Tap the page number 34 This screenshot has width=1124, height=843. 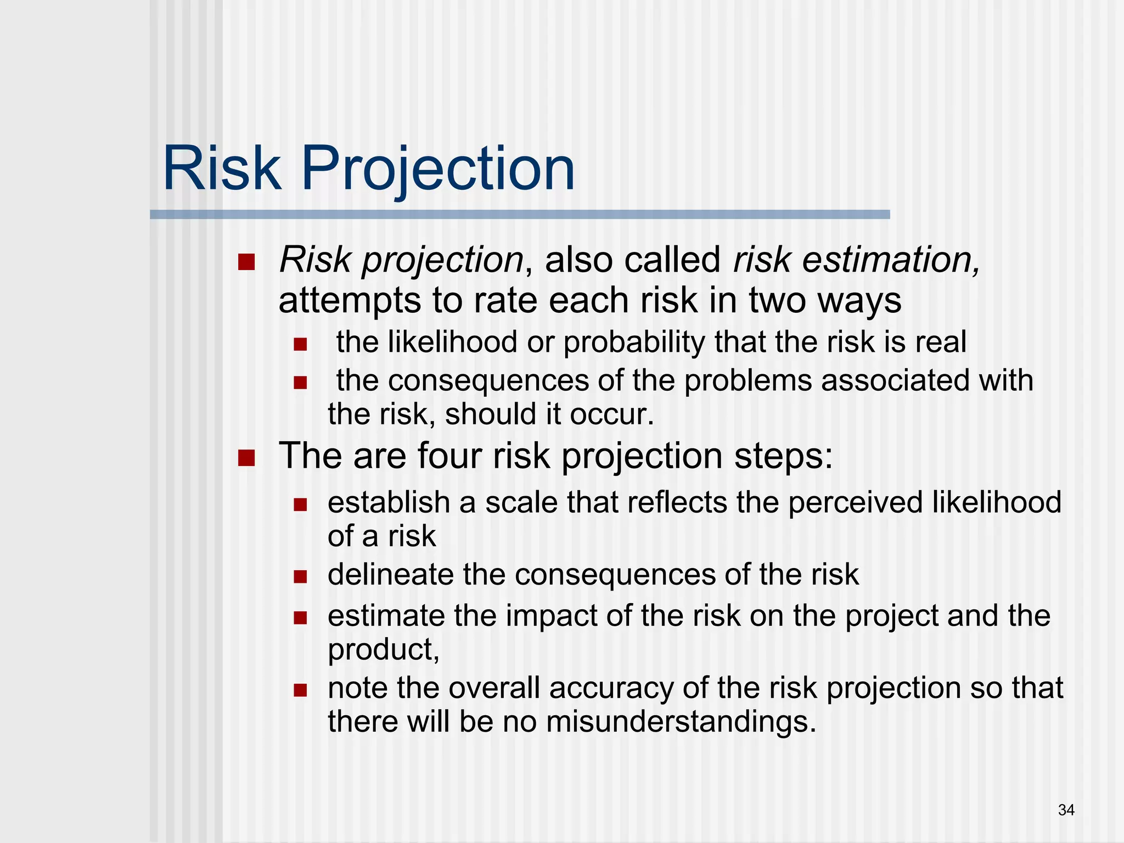(x=1066, y=810)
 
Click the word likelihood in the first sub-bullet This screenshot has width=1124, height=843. (x=452, y=342)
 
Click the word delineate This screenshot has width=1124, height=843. (x=390, y=575)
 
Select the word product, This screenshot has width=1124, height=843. (x=384, y=649)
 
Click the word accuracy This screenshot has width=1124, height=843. (x=611, y=688)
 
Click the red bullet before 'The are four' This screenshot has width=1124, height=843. (x=246, y=457)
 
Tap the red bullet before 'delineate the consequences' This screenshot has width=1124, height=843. (x=300, y=576)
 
